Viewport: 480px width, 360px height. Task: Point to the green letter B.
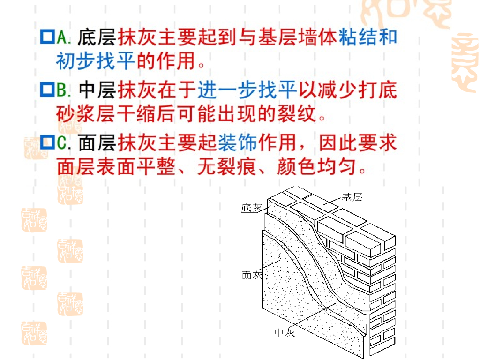(x=62, y=89)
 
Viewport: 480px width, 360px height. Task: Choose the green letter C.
(x=62, y=142)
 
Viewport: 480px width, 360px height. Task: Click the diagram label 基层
(x=352, y=197)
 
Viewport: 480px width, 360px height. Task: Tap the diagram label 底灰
(x=251, y=207)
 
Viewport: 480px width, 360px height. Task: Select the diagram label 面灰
(x=251, y=275)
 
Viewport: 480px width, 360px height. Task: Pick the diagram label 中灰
(x=285, y=333)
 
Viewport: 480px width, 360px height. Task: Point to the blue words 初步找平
(x=96, y=61)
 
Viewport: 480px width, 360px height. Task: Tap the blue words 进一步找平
(x=247, y=89)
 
